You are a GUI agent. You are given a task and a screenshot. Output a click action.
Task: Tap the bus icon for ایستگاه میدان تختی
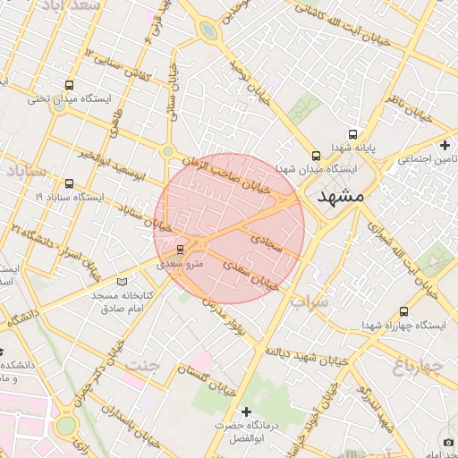tap(69, 85)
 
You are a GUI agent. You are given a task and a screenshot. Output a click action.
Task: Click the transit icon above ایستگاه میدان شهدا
tap(315, 155)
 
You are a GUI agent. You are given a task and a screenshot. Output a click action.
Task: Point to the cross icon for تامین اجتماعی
tap(445, 145)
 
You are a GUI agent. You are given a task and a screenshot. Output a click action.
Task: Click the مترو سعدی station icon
tap(181, 249)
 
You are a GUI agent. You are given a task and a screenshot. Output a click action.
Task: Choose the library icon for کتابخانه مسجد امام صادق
tap(123, 282)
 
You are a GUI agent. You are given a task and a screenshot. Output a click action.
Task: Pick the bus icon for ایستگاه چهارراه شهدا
tap(403, 312)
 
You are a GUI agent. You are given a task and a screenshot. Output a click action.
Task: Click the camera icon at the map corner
tap(448, 443)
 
